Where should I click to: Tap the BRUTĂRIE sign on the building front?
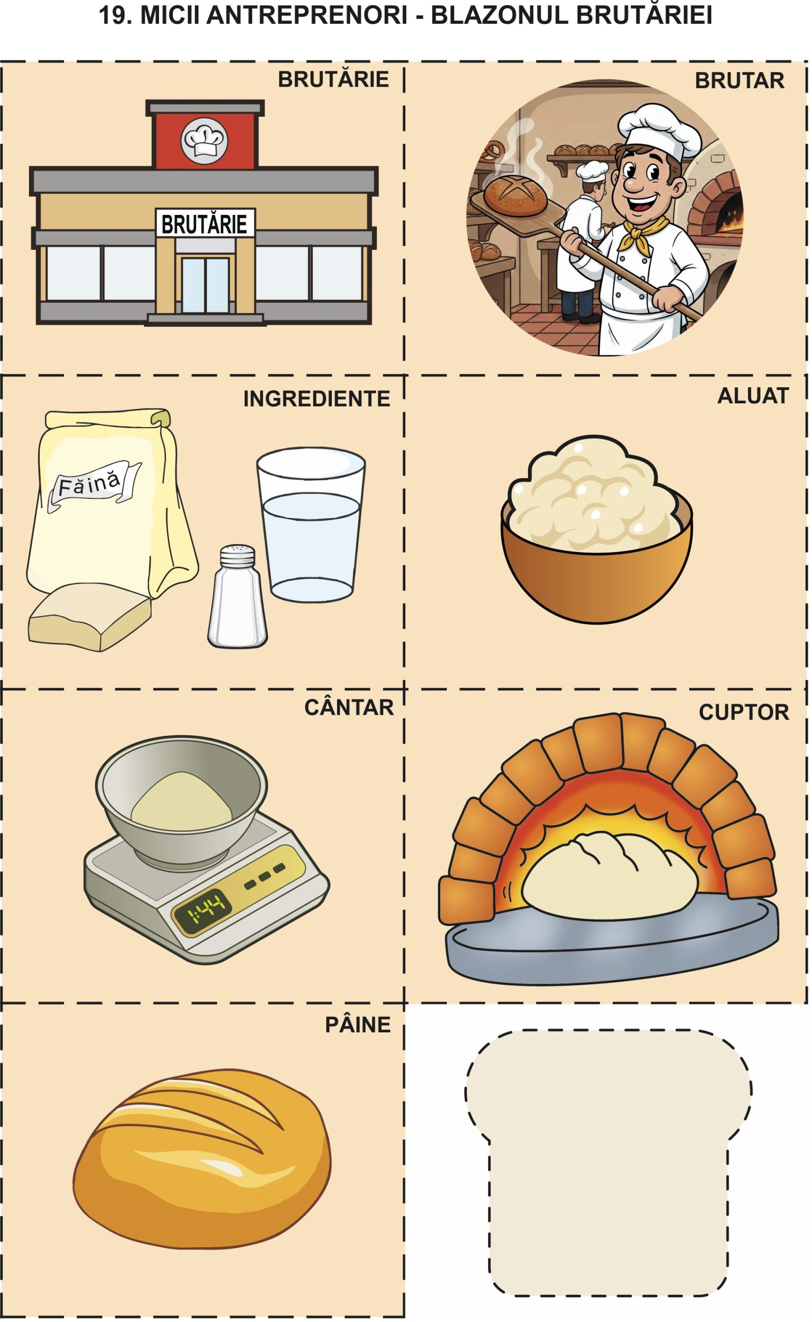204,224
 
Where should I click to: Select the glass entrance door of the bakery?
204,285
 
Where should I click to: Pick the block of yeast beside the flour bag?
89,617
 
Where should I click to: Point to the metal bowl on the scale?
181,797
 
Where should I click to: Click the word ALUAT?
753,396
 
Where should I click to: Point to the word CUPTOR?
744,712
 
